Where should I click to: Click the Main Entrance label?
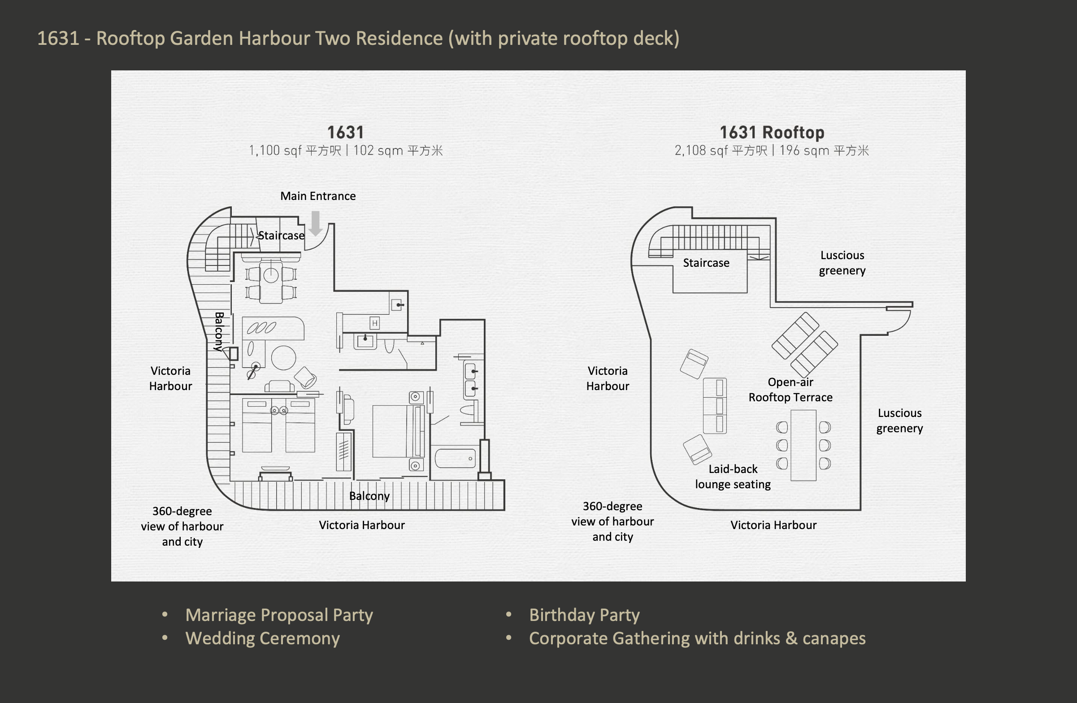tap(317, 196)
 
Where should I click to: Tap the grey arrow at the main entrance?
tap(315, 223)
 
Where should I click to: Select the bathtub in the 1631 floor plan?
tap(455, 458)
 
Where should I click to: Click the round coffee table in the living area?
tap(284, 358)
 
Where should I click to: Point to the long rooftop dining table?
tap(803, 445)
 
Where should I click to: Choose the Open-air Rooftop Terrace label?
tap(790, 390)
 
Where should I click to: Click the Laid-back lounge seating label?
tap(733, 476)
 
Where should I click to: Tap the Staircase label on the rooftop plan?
tap(706, 263)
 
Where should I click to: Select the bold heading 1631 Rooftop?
tap(772, 133)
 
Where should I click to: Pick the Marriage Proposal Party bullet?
tap(279, 615)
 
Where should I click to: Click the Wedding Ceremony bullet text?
tap(262, 638)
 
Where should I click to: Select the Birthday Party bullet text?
tap(584, 615)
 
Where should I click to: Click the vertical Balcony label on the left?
tap(219, 332)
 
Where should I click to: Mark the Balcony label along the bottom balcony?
tap(369, 496)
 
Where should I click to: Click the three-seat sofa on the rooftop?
tap(715, 406)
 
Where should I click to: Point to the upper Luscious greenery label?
tap(842, 263)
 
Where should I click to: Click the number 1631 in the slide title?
tap(58, 39)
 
